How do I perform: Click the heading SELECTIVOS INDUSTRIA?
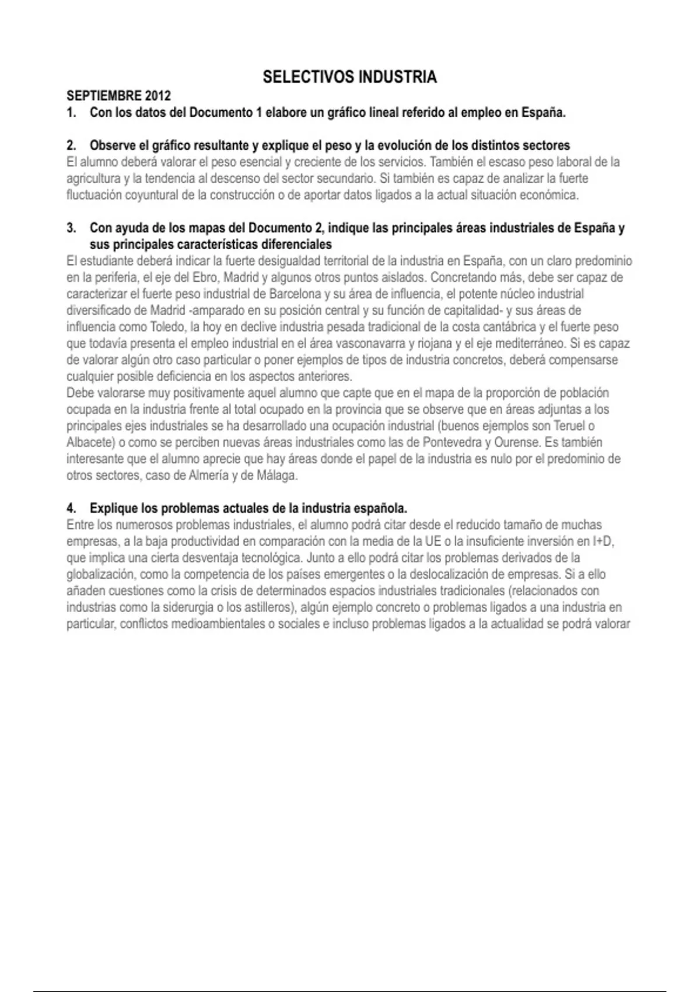[x=349, y=77]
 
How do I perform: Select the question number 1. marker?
[x=71, y=113]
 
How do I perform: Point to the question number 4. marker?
[x=71, y=508]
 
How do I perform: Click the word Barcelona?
[x=295, y=294]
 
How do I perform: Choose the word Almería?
[x=208, y=476]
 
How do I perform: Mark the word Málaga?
[x=276, y=476]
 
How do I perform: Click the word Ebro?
[x=204, y=277]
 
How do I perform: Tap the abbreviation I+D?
[x=603, y=542]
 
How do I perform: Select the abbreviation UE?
[x=433, y=542]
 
